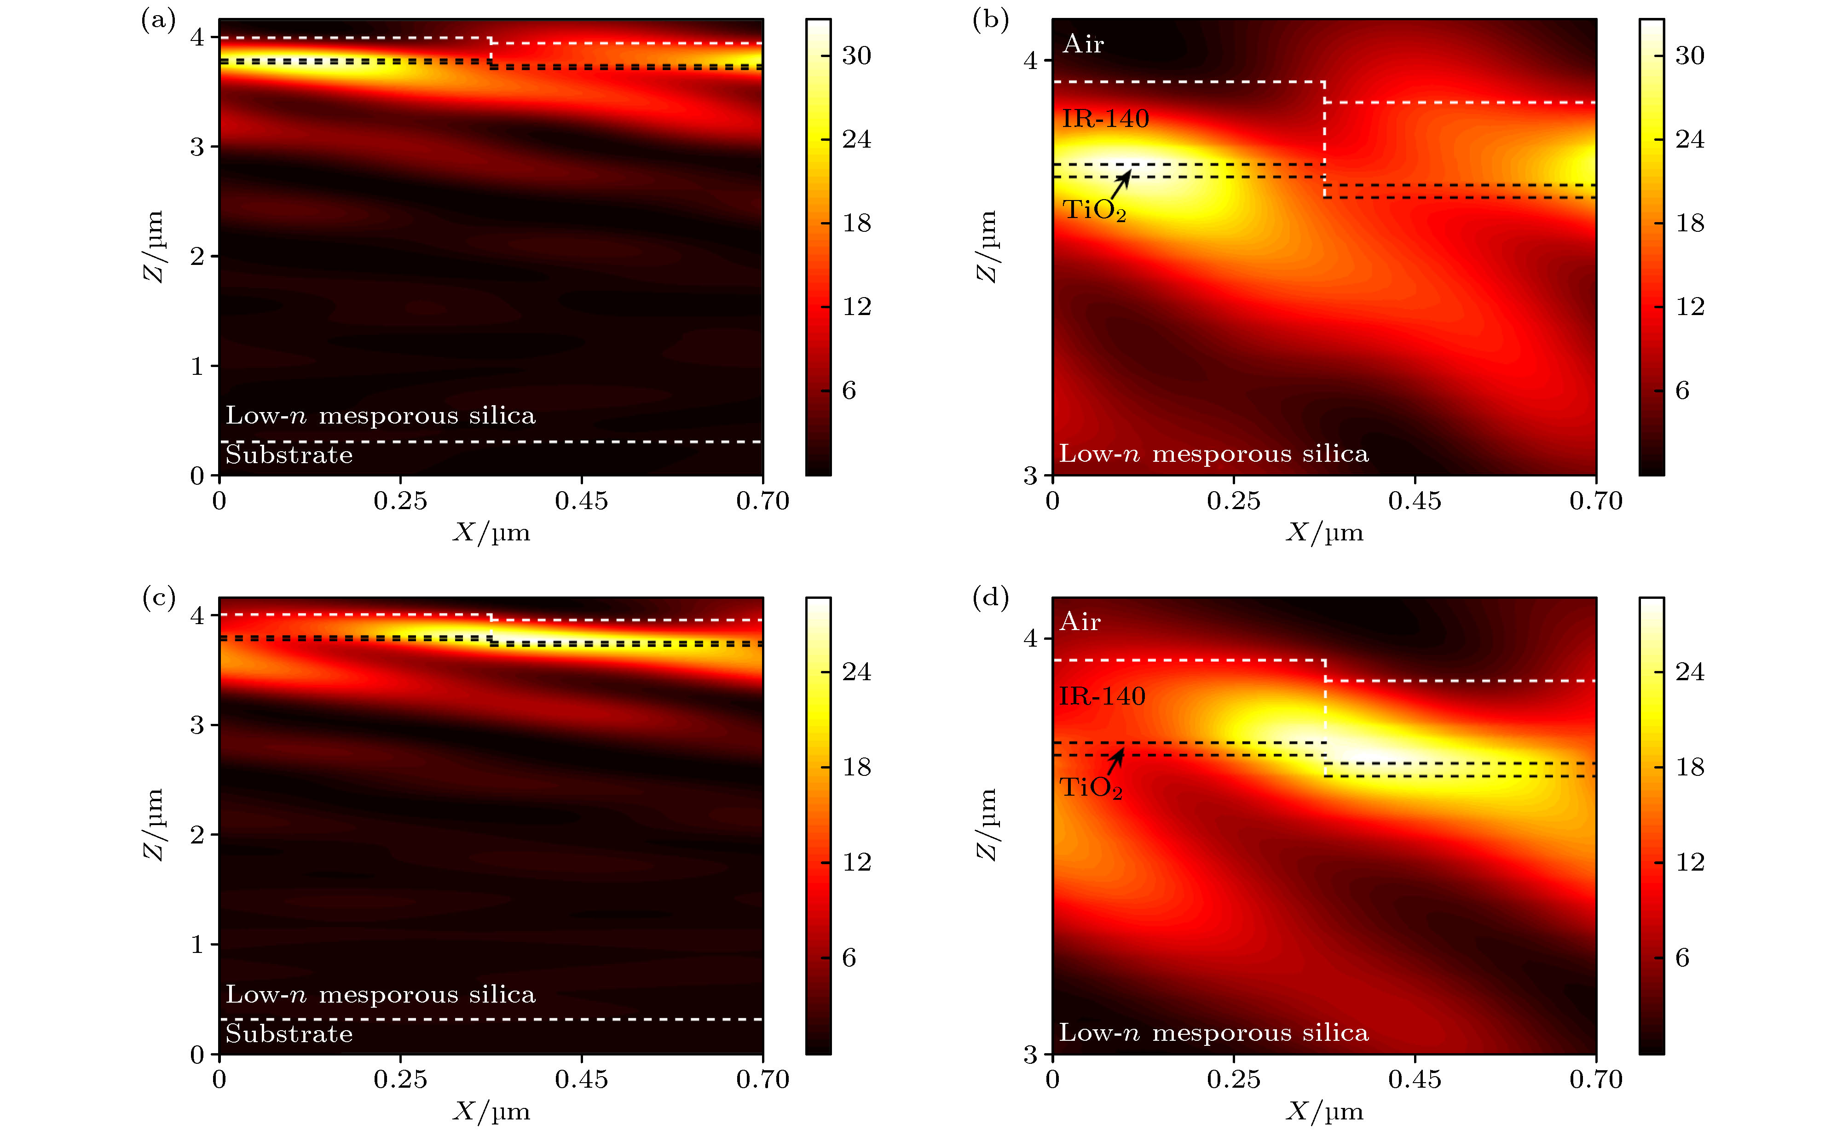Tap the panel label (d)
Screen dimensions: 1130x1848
point(990,597)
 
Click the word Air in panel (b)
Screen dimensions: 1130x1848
point(1083,44)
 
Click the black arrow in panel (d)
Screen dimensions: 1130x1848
point(1116,760)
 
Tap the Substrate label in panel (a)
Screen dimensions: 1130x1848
point(289,455)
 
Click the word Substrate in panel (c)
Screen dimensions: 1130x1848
point(289,1034)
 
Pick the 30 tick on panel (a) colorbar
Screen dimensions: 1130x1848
point(856,56)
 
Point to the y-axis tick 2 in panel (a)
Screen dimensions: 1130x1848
point(197,257)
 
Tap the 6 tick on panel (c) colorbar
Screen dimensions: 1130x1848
point(848,958)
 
